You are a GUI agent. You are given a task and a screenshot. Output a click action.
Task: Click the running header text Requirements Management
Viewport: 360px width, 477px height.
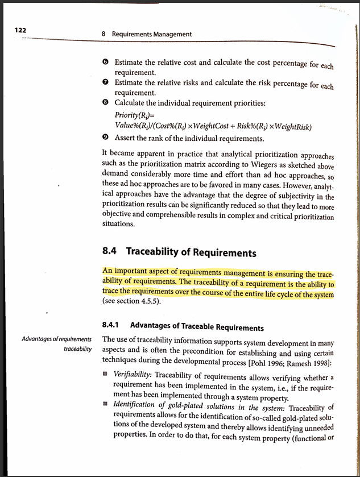click(152, 34)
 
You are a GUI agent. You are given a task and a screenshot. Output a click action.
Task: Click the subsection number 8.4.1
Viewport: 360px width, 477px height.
click(113, 326)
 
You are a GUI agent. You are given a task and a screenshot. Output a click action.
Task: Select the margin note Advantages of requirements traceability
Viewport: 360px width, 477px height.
click(56, 343)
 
